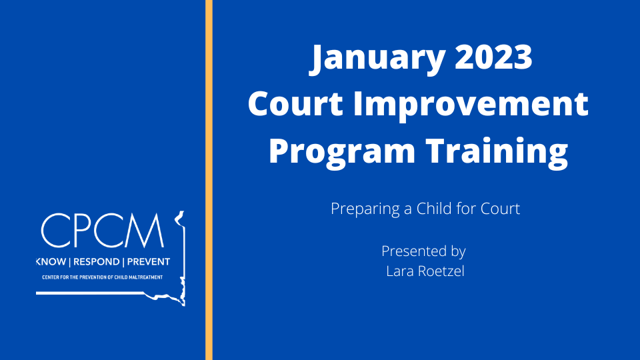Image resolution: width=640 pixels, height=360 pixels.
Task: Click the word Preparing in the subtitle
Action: click(x=365, y=209)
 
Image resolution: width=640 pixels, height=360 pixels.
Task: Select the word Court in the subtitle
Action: click(x=502, y=209)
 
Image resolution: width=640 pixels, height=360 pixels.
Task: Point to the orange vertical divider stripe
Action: click(x=209, y=180)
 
